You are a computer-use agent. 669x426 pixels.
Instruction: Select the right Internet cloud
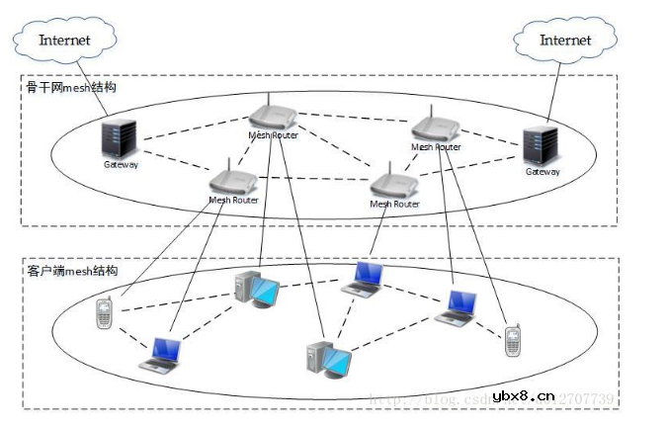pyautogui.click(x=565, y=41)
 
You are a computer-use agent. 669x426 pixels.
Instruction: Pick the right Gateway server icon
pyautogui.click(x=541, y=145)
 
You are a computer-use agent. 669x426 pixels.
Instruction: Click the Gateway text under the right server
pyautogui.click(x=542, y=172)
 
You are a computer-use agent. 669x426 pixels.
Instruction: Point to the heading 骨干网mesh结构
pyautogui.click(x=71, y=88)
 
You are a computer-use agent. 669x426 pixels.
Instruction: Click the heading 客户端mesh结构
pyautogui.click(x=71, y=271)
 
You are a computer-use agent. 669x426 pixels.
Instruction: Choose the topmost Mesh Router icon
pyautogui.click(x=273, y=114)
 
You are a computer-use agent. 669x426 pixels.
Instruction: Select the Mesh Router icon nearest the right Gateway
pyautogui.click(x=436, y=127)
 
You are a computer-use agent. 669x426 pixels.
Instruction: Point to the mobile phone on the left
pyautogui.click(x=103, y=314)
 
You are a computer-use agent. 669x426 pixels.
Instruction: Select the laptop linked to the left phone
pyautogui.click(x=161, y=354)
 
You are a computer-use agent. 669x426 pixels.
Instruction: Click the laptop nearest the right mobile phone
pyautogui.click(x=458, y=306)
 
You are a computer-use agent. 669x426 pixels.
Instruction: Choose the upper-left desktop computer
pyautogui.click(x=256, y=289)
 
